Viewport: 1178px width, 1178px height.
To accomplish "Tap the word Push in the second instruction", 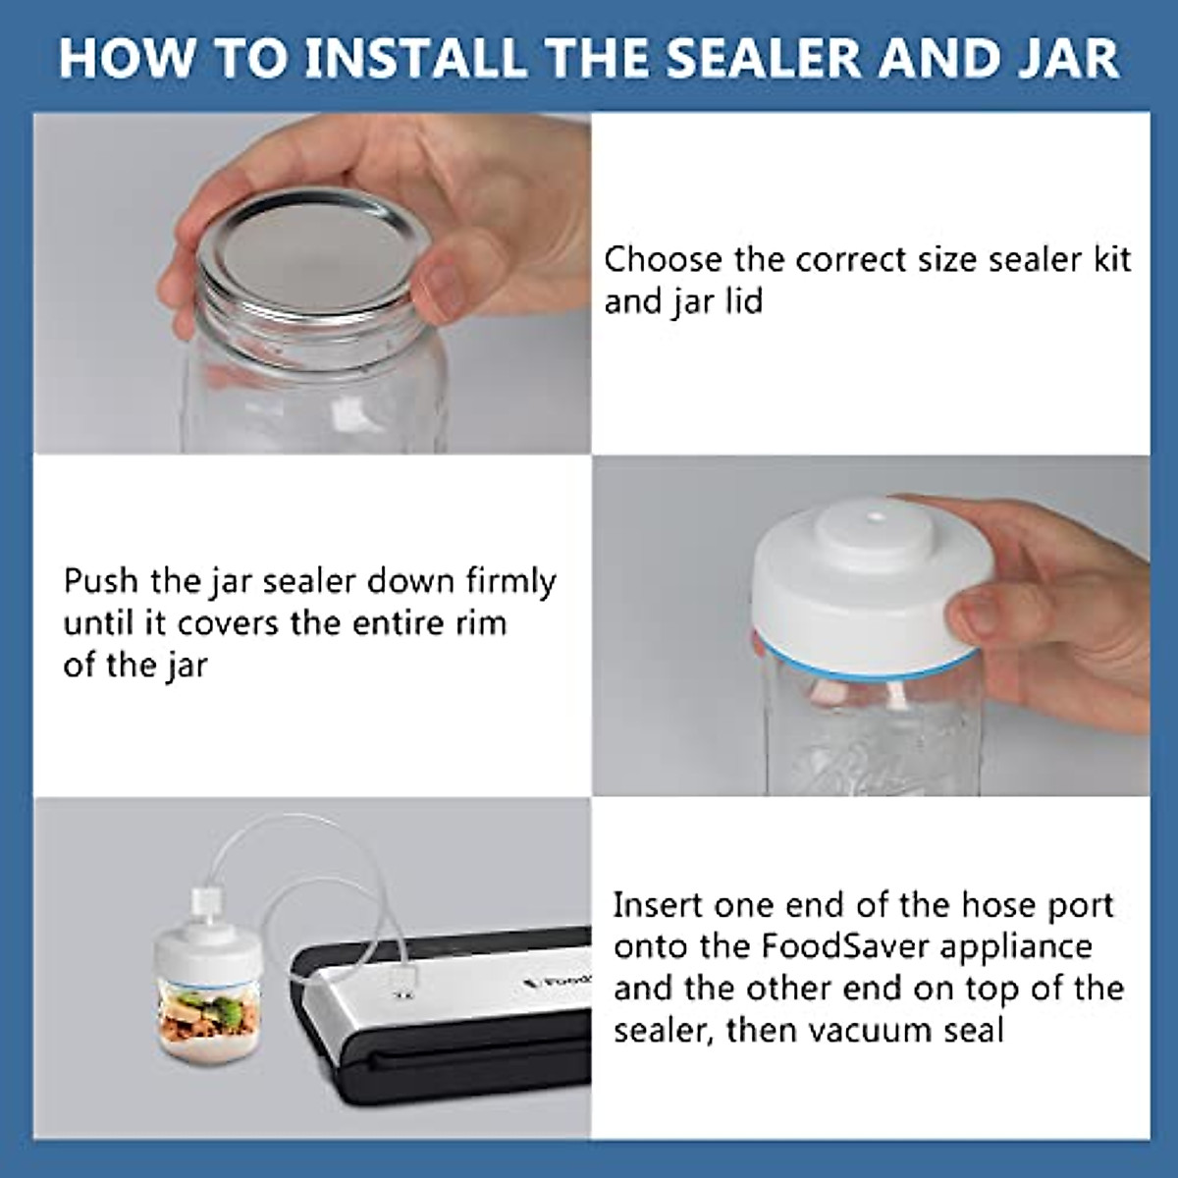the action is point(101,581).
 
